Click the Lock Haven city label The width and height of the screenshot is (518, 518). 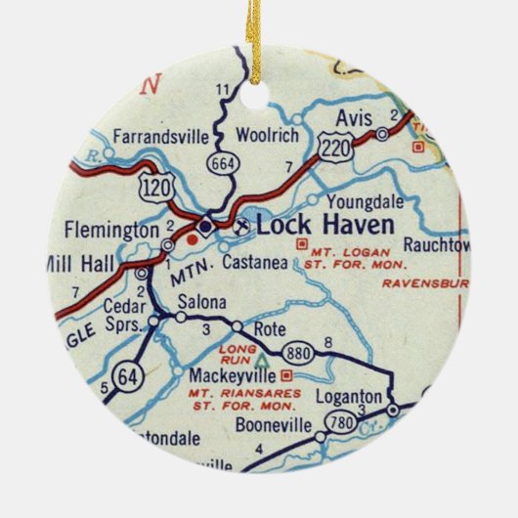tap(325, 225)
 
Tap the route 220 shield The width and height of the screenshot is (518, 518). tap(332, 145)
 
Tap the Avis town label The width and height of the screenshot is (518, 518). tap(355, 119)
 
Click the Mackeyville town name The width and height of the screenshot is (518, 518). tap(228, 372)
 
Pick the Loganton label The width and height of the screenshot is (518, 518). tap(347, 396)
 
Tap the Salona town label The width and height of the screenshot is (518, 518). tap(206, 300)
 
